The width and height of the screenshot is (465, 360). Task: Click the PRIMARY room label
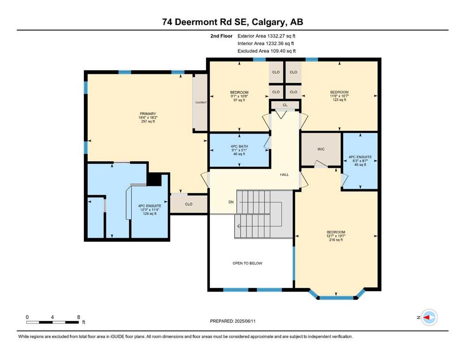pos(148,113)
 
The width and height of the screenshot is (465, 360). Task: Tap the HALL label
pos(284,174)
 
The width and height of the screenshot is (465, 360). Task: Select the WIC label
pos(321,149)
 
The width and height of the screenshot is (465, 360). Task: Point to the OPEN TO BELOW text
pos(247,263)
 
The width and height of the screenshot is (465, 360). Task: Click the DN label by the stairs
pos(231,202)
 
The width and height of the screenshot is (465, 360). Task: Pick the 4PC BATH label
pos(239,146)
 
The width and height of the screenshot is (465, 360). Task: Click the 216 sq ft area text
pos(336,240)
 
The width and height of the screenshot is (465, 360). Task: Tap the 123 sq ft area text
pos(340,100)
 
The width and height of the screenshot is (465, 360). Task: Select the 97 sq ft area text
pos(239,100)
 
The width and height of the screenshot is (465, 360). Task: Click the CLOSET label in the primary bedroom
pos(201,102)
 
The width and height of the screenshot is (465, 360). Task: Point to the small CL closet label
pos(285,105)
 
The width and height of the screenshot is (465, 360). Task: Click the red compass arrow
pos(427,317)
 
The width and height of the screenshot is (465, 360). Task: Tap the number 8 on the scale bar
pos(79,317)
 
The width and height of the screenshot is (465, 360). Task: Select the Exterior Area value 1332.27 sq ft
pos(281,36)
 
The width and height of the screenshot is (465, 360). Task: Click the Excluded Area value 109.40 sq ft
pos(282,51)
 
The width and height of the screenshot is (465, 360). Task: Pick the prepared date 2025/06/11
pos(245,321)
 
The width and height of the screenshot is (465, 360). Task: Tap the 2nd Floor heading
pos(221,36)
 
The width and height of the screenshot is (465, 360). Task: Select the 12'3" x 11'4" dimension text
pos(150,210)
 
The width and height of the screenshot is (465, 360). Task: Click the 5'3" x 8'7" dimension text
pos(360,161)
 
